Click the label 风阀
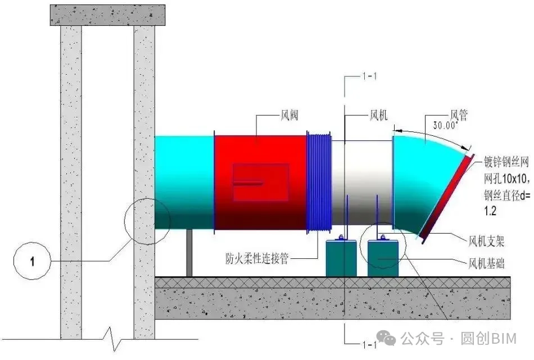coord(289,115)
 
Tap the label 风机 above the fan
coord(379,115)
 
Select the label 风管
coord(459,115)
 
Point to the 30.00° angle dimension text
coord(445,125)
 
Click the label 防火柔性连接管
coord(257,258)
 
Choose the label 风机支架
coord(486,241)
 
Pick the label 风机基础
coord(486,263)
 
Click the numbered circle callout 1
coord(33,261)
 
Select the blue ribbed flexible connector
coord(319,182)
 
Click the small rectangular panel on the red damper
coord(261,182)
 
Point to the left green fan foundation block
coord(341,258)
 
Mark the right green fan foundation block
coord(383,258)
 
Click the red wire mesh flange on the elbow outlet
coord(447,199)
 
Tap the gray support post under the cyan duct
coord(189,253)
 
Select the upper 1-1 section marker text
coord(369,76)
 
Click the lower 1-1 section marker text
coord(369,345)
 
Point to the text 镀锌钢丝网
coord(506,161)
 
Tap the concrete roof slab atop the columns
coord(107,15)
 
